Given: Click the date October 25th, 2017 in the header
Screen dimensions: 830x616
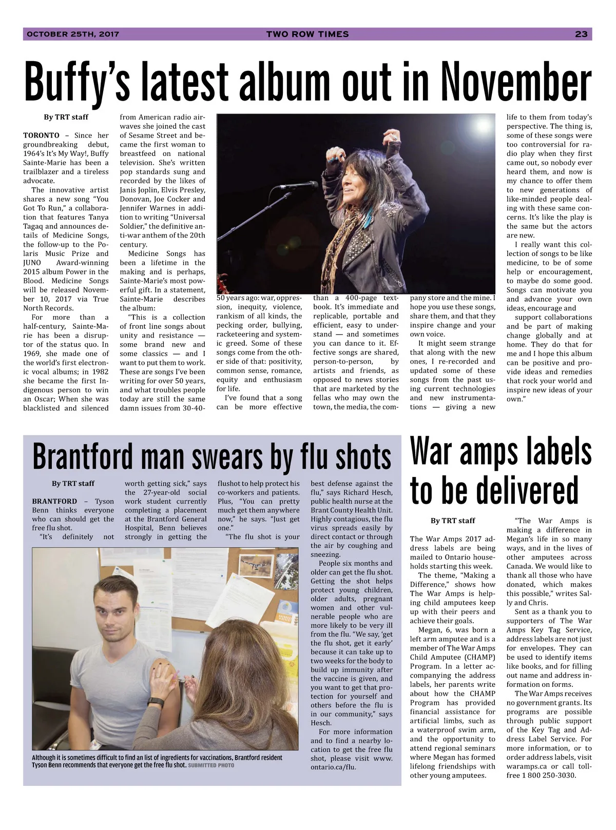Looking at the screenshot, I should pyautogui.click(x=73, y=34).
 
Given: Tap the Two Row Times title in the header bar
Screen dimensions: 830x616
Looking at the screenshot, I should pyautogui.click(x=307, y=34).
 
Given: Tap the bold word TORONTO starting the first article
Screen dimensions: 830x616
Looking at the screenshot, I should pyautogui.click(x=41, y=135).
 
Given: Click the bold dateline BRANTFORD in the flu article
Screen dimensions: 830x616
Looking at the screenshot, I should pyautogui.click(x=54, y=501).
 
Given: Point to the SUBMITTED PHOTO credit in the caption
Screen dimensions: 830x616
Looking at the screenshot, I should pyautogui.click(x=211, y=765).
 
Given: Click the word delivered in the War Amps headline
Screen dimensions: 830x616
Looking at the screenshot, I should pyautogui.click(x=494, y=489).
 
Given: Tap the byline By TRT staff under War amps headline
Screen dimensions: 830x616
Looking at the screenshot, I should pyautogui.click(x=452, y=520).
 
